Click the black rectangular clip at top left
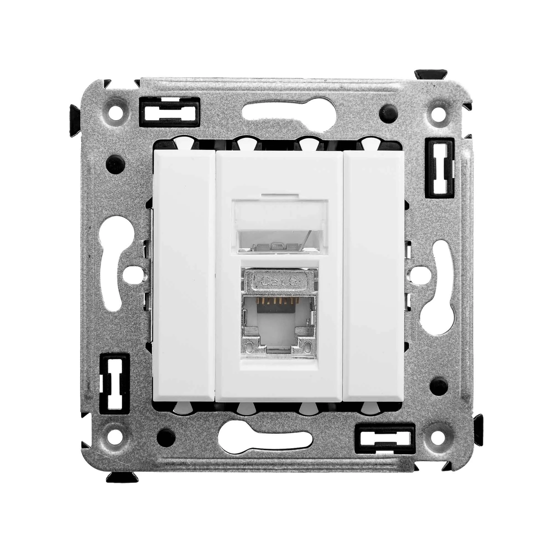click(169, 112)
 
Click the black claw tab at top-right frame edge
click(431, 75)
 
